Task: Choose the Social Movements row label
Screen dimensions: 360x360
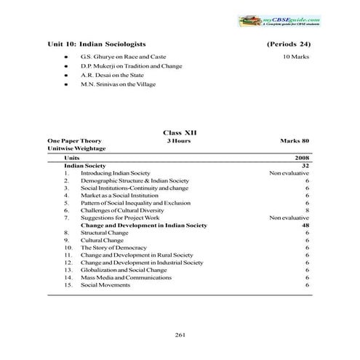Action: pos(105,285)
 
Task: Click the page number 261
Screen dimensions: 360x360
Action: pos(180,334)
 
